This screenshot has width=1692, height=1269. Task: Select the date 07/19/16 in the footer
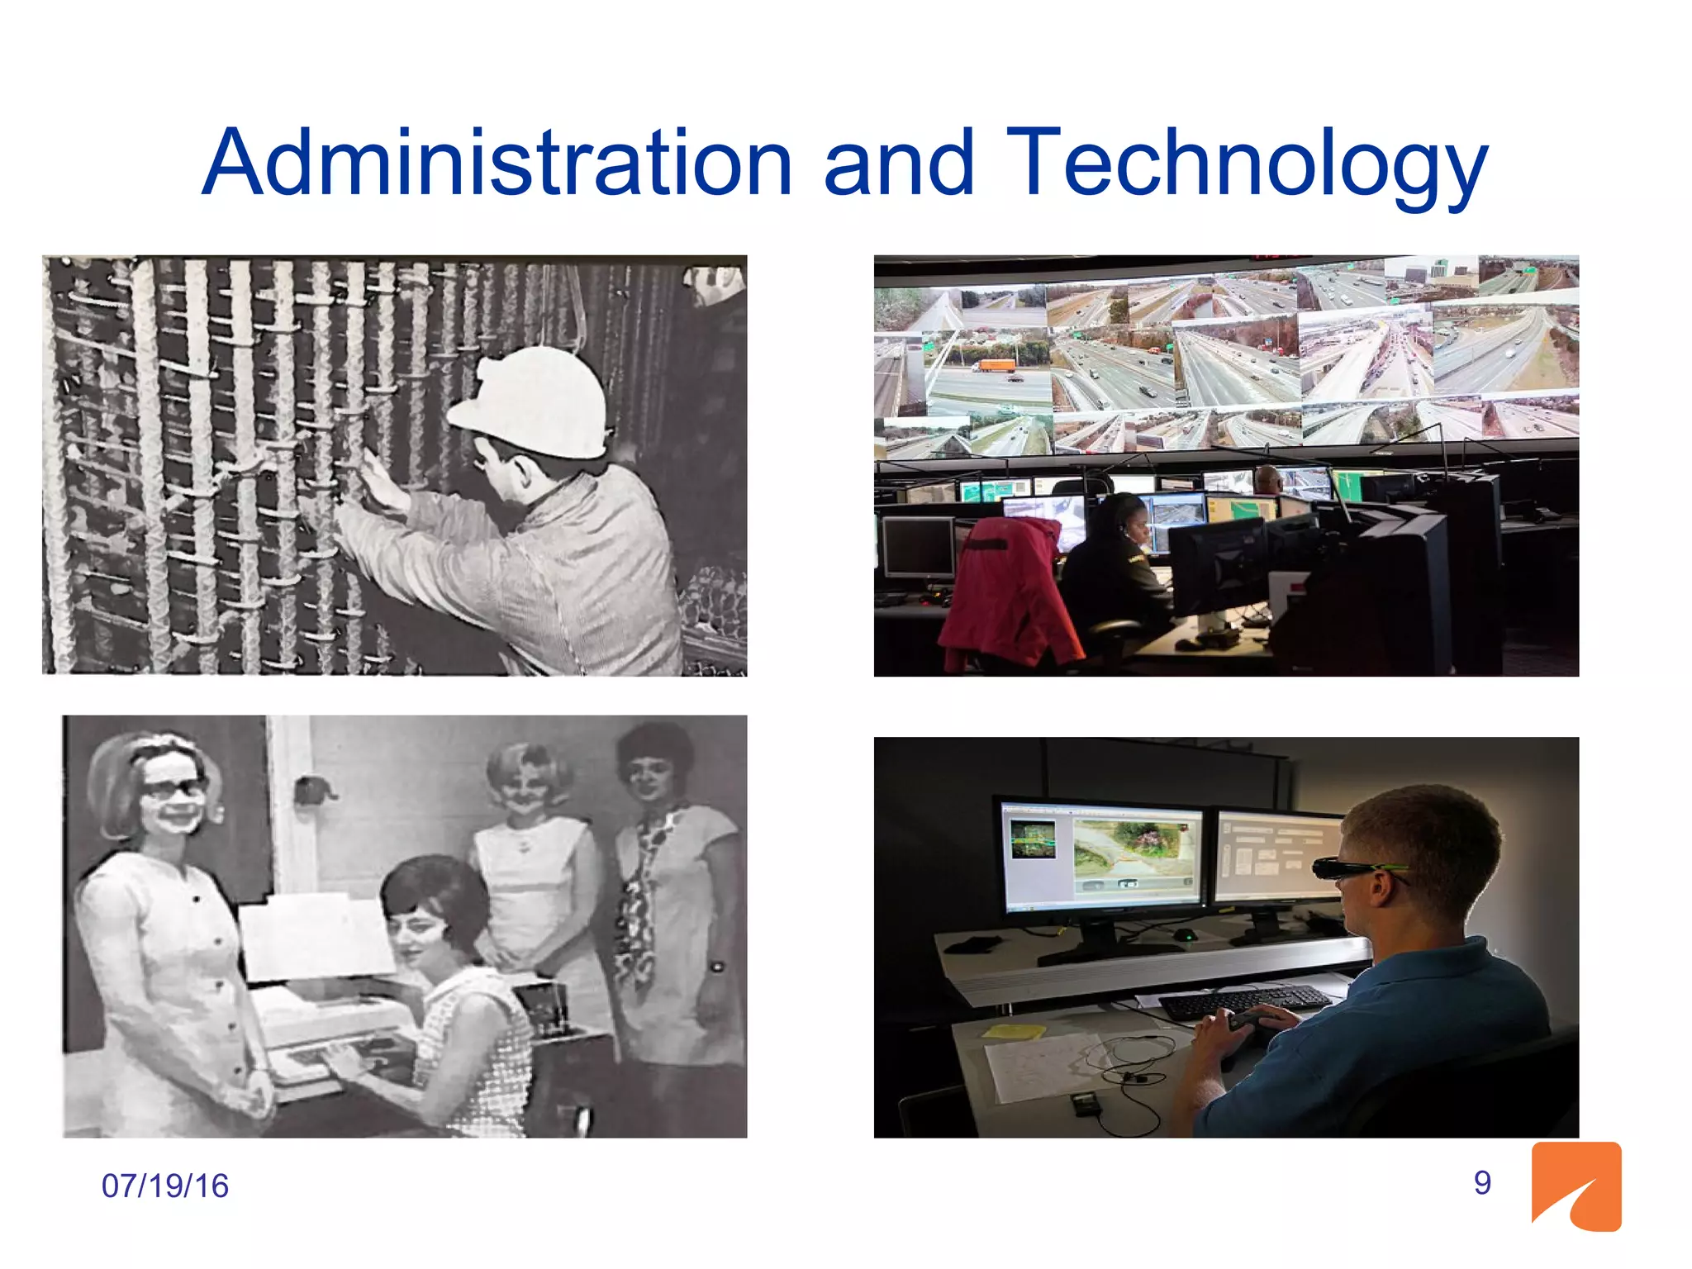click(164, 1186)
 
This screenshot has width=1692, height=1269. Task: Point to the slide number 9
click(1482, 1182)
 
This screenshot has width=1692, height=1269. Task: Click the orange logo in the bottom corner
click(1576, 1186)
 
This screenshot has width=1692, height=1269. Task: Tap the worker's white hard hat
click(537, 401)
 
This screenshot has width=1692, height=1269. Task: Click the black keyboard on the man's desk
click(1243, 1001)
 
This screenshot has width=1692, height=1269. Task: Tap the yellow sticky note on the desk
click(1013, 1031)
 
